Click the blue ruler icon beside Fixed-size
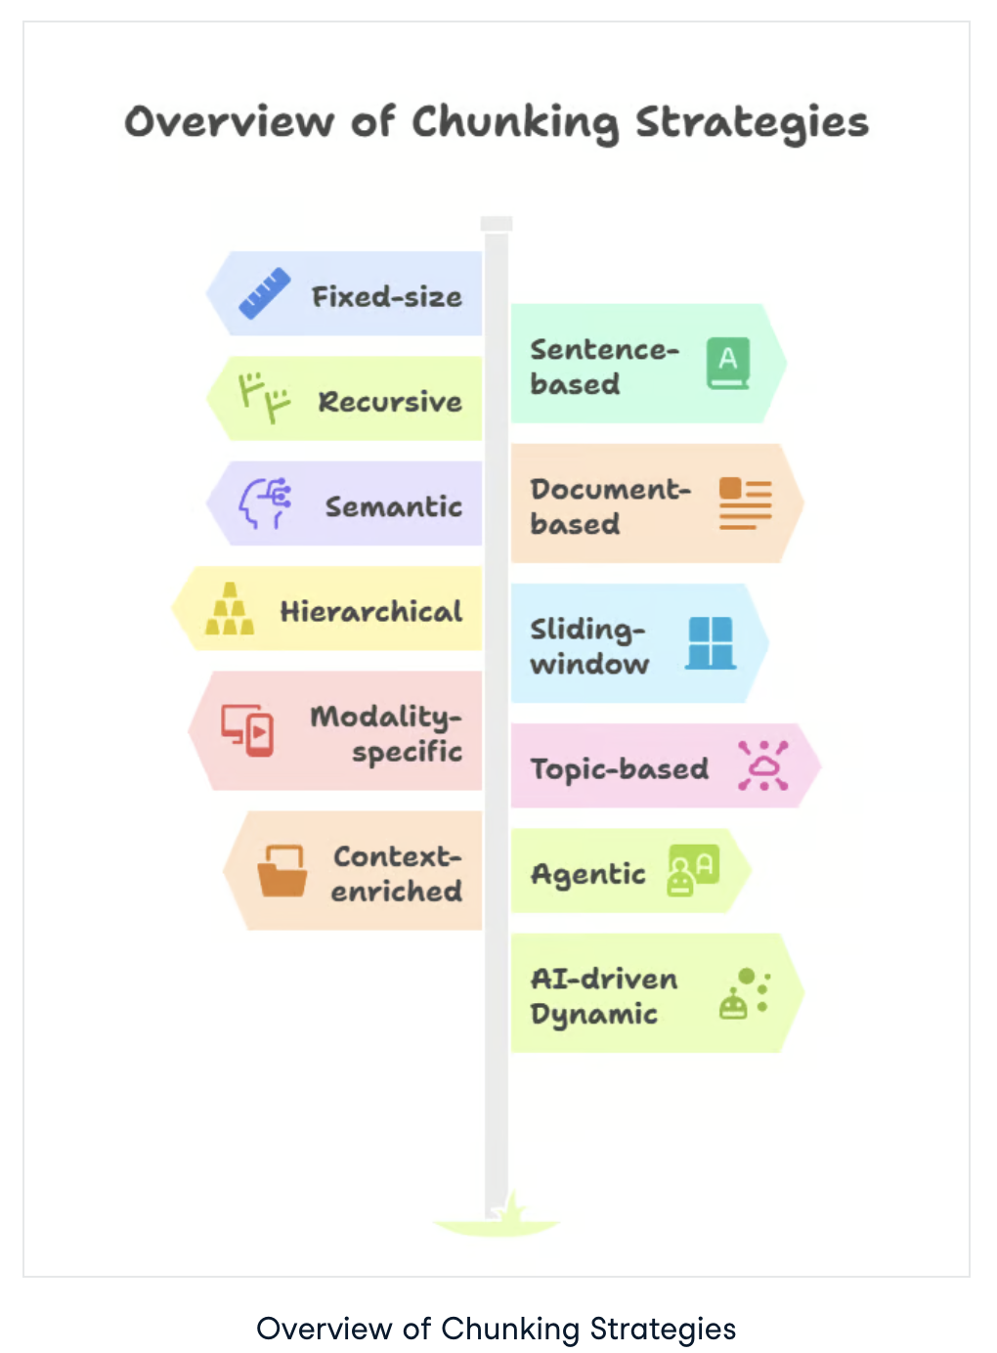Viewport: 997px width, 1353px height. (x=265, y=292)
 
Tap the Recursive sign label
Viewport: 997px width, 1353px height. (x=390, y=402)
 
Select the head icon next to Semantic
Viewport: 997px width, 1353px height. (x=265, y=503)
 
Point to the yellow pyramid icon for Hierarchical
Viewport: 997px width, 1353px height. (x=230, y=610)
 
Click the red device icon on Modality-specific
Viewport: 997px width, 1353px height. (x=247, y=729)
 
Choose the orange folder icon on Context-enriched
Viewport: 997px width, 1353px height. (x=282, y=870)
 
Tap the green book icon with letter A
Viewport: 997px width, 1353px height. (x=728, y=364)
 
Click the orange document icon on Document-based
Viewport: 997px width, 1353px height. (x=745, y=503)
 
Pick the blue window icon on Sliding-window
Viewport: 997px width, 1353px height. (x=711, y=643)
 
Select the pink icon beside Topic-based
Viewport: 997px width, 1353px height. (x=762, y=765)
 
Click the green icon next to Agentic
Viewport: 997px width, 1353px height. (x=693, y=870)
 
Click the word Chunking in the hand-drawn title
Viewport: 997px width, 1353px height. (x=515, y=123)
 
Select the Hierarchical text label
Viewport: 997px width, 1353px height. (x=370, y=612)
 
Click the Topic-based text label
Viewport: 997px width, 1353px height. (x=620, y=769)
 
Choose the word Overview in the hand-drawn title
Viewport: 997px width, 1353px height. (x=230, y=122)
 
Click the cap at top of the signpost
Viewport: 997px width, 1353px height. (x=497, y=224)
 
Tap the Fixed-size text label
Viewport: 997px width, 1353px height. (x=386, y=296)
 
